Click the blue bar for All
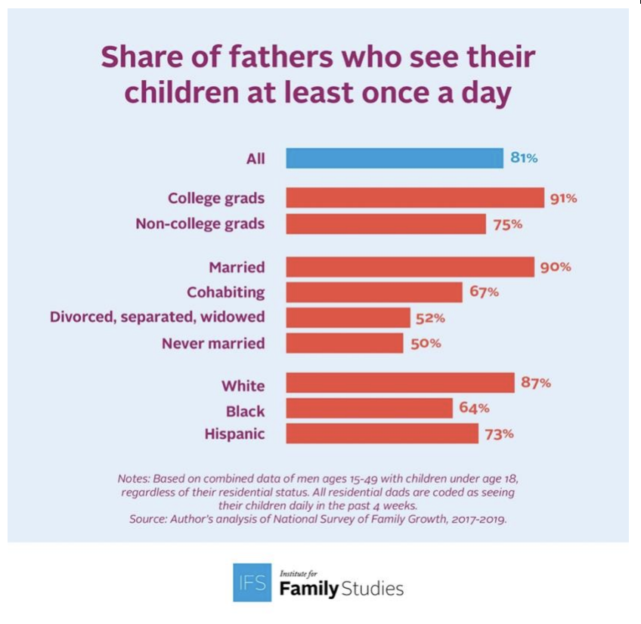click(x=394, y=159)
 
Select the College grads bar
click(x=415, y=198)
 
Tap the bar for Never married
click(x=345, y=343)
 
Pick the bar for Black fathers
click(x=369, y=409)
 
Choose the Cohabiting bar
click(x=374, y=292)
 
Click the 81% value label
click(x=523, y=159)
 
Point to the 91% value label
click(x=563, y=199)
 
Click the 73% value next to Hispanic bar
click(x=500, y=434)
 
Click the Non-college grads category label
click(x=200, y=224)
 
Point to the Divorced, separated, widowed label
click(x=157, y=317)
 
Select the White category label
click(x=243, y=385)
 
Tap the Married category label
click(x=237, y=267)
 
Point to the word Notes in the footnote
click(x=134, y=478)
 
